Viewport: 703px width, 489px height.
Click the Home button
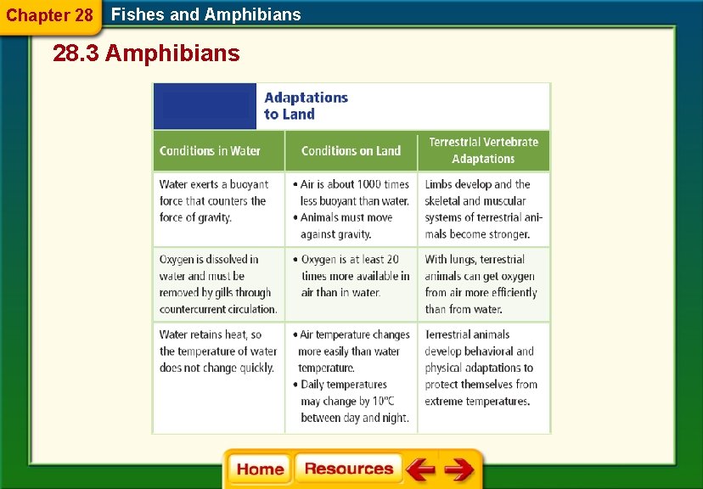260,469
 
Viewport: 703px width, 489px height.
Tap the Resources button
348,469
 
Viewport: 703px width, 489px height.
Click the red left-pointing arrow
419,469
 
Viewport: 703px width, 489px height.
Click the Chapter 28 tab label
49,15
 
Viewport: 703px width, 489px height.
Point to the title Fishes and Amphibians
206,14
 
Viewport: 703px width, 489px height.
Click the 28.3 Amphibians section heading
146,54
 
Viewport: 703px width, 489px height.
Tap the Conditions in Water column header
210,151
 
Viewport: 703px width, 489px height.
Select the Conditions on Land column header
351,151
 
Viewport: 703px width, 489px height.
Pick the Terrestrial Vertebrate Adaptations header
483,150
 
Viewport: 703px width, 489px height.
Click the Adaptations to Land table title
306,106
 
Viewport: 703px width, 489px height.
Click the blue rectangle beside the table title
205,106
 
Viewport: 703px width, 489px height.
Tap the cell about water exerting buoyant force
214,201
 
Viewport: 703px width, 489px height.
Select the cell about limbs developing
482,209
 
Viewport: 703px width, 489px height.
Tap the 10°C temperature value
382,402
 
